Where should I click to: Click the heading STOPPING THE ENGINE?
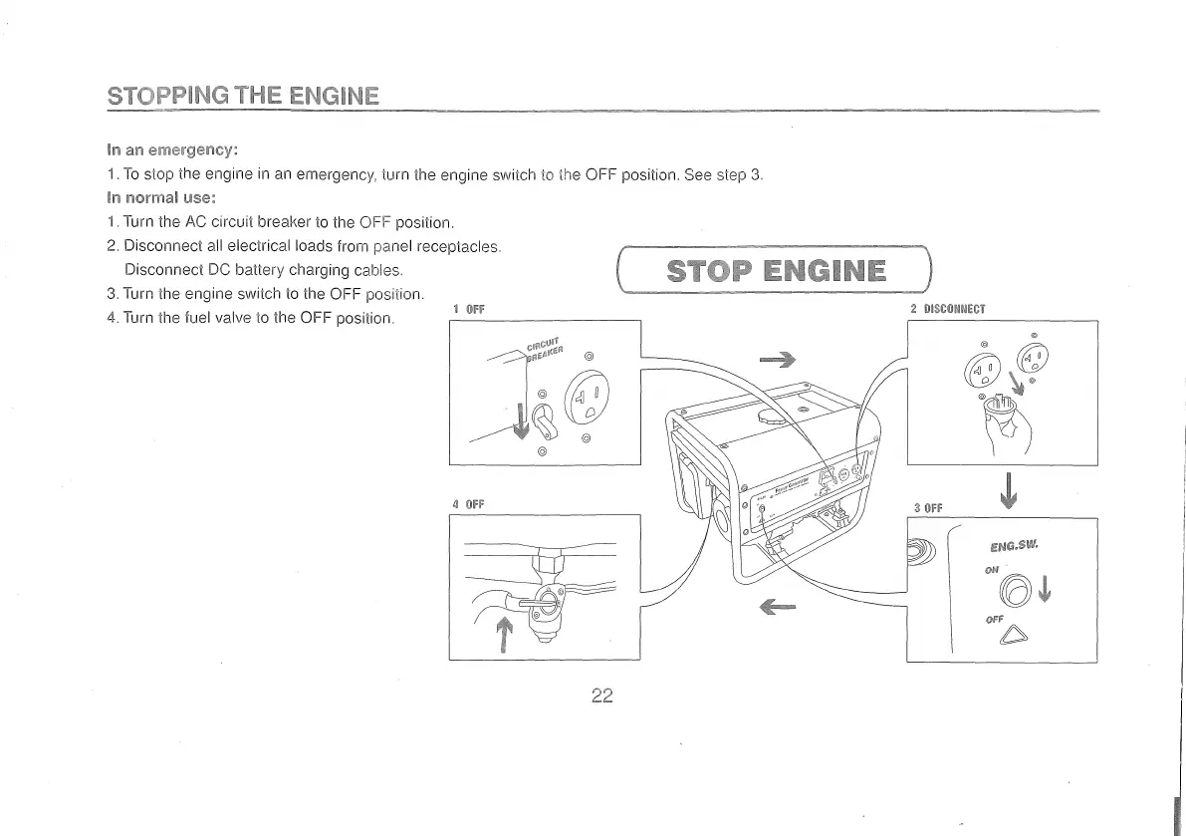pos(243,96)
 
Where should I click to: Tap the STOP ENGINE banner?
pos(775,271)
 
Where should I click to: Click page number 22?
pos(600,696)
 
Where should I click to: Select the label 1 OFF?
pos(468,309)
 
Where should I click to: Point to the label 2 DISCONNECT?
pos(948,309)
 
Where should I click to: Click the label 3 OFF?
pos(927,508)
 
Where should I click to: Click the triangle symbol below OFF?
pos(1015,634)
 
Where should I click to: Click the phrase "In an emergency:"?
pos(171,150)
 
